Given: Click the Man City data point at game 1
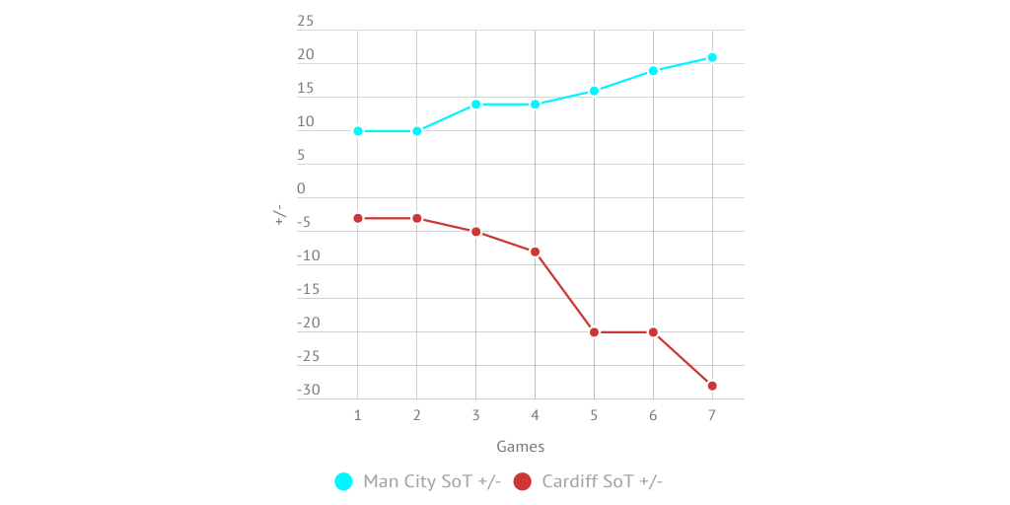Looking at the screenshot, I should [x=358, y=131].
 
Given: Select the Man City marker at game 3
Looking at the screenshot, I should [x=475, y=105].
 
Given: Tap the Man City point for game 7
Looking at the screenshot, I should [x=712, y=57].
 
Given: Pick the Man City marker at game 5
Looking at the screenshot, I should [x=594, y=91].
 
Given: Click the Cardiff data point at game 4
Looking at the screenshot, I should [x=535, y=252].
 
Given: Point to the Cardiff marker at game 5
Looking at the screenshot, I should [x=594, y=332].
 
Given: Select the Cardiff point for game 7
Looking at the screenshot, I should [x=712, y=386].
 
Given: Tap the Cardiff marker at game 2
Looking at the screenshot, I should [x=417, y=218].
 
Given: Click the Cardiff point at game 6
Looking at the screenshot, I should [x=653, y=332].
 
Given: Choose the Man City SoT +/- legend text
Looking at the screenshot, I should [x=432, y=481].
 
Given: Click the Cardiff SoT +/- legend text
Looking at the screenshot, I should [x=602, y=481].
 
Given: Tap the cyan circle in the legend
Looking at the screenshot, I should [x=344, y=481].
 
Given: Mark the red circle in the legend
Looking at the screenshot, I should [x=523, y=481].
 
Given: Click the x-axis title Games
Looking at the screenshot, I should [x=520, y=447].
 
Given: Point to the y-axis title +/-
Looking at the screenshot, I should [x=279, y=214].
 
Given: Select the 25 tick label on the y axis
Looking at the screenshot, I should [x=306, y=22].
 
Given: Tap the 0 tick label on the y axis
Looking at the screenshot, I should [x=302, y=188].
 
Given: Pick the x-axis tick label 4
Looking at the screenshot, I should [x=535, y=416].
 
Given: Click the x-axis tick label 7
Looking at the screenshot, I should [x=712, y=416].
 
